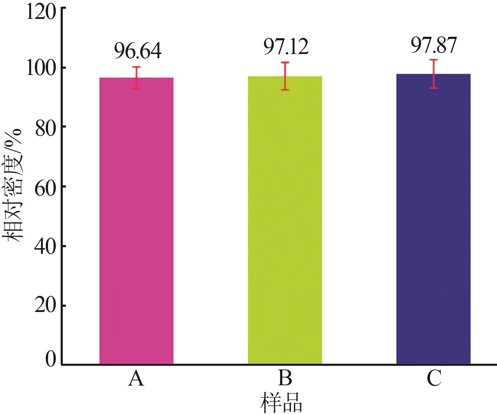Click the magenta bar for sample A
pos(136,221)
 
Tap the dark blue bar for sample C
pos(434,219)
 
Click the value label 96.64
pos(137,51)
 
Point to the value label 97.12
pos(286,47)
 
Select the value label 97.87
pos(434,45)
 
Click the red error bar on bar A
pos(136,77)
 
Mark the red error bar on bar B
pos(285,76)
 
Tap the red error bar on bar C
pos(434,74)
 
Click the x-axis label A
pos(136,379)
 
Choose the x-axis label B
pos(285,379)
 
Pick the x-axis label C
pos(434,379)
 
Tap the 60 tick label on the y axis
pos(46,186)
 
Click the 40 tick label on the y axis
pos(46,246)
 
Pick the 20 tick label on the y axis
pos(46,306)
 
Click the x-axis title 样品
pos(281,402)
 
